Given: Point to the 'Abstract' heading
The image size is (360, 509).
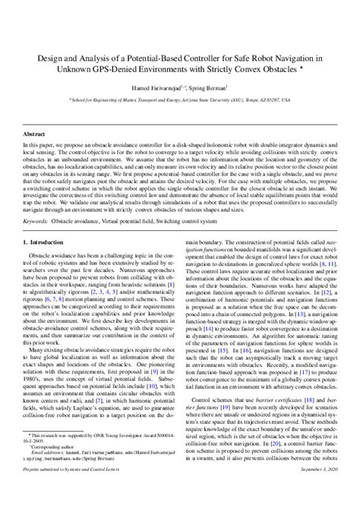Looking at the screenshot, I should point(34,131).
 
